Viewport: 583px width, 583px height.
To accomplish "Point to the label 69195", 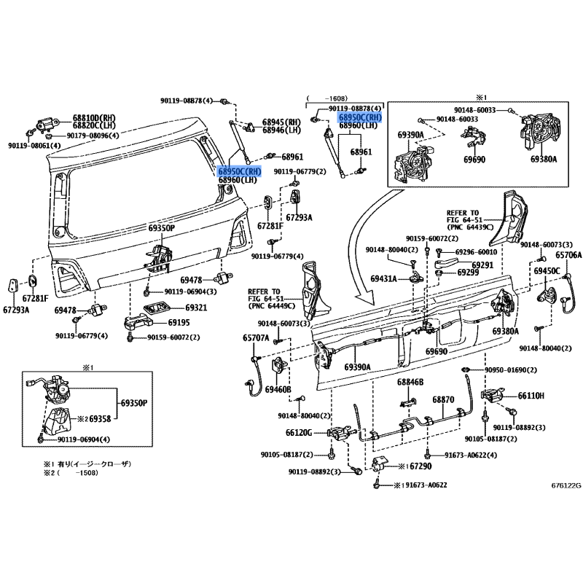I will click(x=179, y=322).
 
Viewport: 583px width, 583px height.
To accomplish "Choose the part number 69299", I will click(x=469, y=273).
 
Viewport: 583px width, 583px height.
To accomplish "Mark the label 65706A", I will click(x=568, y=255).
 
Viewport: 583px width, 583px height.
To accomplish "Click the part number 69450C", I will click(x=547, y=271).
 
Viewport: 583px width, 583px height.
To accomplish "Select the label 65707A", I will click(x=257, y=338).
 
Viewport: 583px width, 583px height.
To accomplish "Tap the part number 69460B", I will click(x=278, y=390).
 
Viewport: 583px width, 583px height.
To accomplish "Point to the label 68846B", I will click(x=410, y=382).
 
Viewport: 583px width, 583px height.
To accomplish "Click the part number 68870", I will click(x=442, y=400).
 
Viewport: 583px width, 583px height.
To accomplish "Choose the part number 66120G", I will click(x=299, y=432).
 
